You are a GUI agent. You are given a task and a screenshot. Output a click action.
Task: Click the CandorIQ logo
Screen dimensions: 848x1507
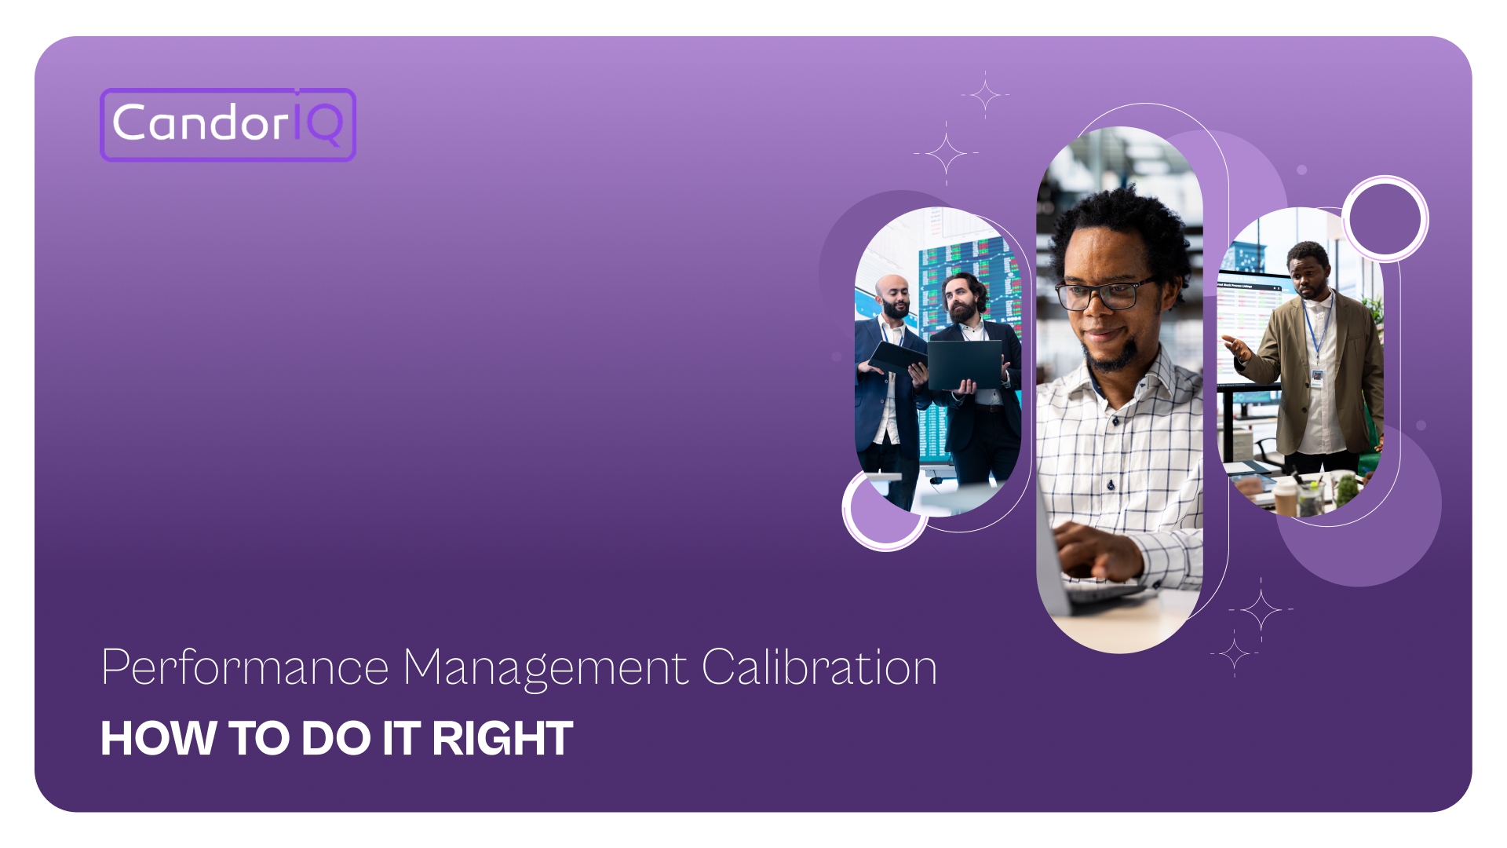228,124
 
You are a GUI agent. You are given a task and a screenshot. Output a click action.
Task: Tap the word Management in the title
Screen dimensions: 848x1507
546,668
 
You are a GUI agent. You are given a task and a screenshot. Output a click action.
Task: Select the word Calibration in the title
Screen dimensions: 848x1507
819,668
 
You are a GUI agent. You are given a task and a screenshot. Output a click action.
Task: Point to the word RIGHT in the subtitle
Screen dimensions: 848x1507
502,739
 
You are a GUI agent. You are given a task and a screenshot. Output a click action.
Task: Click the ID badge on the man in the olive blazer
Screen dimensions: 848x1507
1316,378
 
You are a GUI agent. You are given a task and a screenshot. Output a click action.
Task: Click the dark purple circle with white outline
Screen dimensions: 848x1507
1385,218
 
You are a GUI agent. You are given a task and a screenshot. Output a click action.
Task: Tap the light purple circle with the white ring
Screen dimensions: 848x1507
883,511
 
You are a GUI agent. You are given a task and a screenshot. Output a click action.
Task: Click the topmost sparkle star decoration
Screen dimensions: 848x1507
985,94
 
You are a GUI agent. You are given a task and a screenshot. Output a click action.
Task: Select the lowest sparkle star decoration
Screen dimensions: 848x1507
1234,653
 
